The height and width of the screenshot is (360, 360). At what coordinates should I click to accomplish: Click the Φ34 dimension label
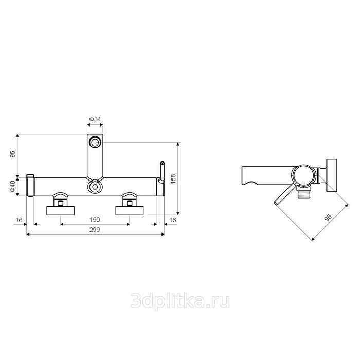[95, 119]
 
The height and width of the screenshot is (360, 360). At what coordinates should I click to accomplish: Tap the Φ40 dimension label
[12, 186]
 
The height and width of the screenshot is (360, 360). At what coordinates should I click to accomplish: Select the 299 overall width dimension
[95, 230]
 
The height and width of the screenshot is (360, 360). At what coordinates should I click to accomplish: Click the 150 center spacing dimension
[95, 220]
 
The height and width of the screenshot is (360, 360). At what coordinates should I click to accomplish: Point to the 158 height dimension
[173, 179]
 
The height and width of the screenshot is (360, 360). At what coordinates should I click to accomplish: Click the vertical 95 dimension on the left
[13, 154]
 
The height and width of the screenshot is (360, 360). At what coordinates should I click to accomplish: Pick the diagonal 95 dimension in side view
[328, 218]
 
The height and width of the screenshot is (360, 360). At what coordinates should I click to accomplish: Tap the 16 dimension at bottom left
[19, 220]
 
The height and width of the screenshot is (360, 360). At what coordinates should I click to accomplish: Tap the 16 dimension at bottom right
[172, 220]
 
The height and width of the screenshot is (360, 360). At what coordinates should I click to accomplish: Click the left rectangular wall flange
[61, 211]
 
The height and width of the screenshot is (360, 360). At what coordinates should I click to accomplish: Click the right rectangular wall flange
[130, 211]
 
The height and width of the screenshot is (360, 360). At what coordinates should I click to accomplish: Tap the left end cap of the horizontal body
[30, 186]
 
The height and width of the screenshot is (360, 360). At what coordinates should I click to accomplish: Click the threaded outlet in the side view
[303, 195]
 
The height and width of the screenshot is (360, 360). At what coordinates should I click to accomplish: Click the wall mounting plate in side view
[332, 175]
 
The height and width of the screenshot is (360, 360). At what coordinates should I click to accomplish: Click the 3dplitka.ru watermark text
[180, 301]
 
